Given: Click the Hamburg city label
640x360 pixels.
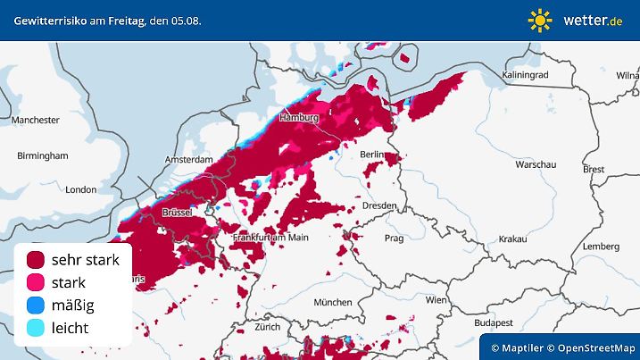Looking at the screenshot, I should tap(299, 118).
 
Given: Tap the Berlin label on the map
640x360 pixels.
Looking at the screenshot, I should tap(373, 155).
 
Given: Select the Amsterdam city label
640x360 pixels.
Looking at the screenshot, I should tap(188, 159).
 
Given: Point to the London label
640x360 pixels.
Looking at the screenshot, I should tap(80, 189).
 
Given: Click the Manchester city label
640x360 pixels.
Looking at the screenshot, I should tap(36, 120).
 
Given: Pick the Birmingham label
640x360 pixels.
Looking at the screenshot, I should tap(42, 155).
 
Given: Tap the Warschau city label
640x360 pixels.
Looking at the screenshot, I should tap(536, 165).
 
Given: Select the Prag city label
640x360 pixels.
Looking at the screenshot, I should tap(394, 239).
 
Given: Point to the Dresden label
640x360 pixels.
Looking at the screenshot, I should tap(379, 205).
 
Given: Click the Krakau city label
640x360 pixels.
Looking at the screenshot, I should tap(512, 239).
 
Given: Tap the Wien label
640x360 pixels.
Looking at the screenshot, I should tap(436, 300).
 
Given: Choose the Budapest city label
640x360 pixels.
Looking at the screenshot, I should tap(491, 322).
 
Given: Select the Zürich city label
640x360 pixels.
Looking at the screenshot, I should tap(267, 327).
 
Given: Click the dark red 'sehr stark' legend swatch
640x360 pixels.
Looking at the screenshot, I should tap(37, 260).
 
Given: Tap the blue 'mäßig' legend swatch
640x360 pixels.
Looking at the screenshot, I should tap(37, 306).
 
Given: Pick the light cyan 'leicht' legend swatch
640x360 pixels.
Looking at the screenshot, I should tap(37, 328).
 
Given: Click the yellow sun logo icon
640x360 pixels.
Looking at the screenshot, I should tap(540, 20).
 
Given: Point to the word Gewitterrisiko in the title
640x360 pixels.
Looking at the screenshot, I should tap(47, 20).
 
